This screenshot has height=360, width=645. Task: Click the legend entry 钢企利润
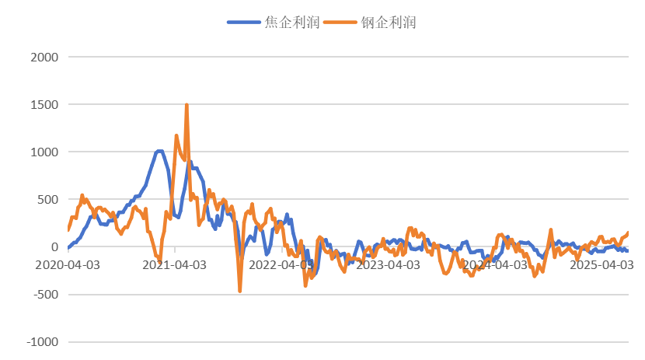point(389,23)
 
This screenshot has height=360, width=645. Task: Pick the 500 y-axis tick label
point(46,199)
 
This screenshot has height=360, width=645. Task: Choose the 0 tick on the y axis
point(54,247)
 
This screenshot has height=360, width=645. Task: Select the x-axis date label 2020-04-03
point(68,264)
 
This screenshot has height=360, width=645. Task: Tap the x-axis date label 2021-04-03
point(175,264)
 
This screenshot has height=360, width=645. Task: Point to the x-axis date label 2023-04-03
point(389,264)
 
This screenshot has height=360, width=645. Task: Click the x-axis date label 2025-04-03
point(602,264)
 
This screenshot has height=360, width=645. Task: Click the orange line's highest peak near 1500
point(187,104)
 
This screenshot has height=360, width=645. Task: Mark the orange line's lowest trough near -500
point(240,291)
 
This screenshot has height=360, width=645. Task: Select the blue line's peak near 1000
point(159,151)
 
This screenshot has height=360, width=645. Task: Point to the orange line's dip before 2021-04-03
point(159,261)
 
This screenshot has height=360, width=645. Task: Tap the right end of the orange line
point(628,232)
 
